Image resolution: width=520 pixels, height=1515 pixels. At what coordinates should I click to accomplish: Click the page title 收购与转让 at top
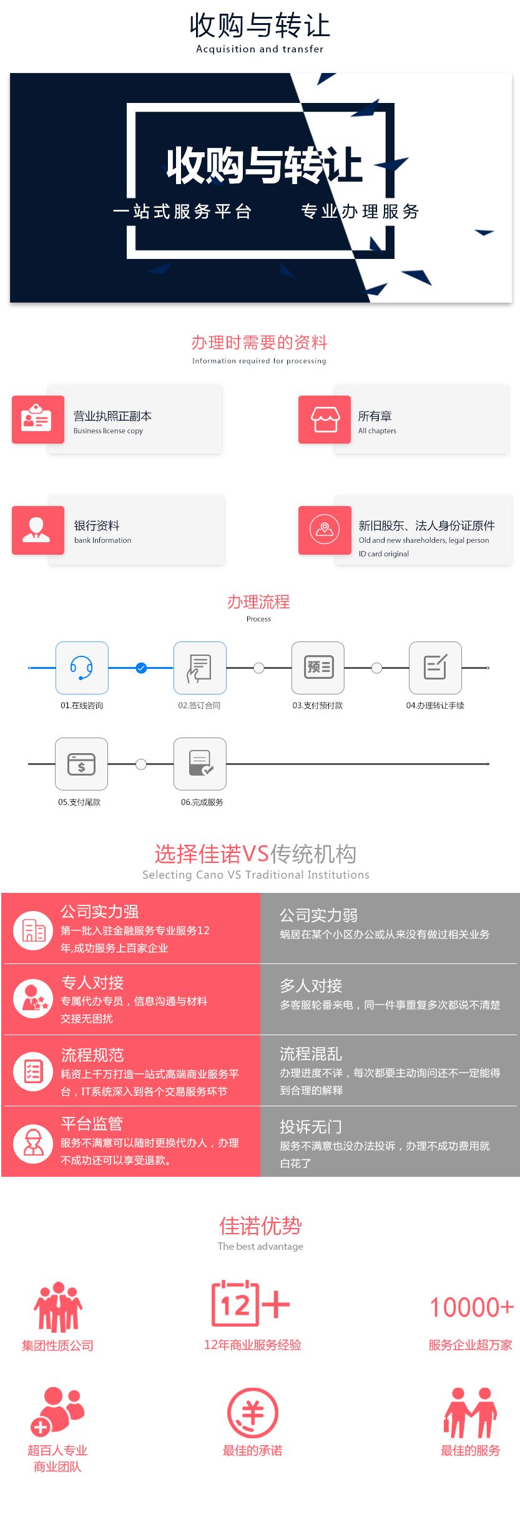coord(260,26)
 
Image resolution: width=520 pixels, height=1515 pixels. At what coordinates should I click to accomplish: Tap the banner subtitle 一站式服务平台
coord(182,212)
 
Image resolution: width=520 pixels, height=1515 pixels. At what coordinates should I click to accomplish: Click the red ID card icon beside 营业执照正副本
coord(37,419)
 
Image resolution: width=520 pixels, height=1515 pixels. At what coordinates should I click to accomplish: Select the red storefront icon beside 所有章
coord(325,419)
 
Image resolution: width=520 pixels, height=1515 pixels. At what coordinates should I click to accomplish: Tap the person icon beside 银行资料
coord(37,530)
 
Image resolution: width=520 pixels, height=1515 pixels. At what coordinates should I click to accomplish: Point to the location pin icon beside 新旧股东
coord(325,530)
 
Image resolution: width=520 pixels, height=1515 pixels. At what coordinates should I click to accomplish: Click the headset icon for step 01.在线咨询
coord(82,668)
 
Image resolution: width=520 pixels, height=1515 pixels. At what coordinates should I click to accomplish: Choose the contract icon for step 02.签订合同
coord(200,668)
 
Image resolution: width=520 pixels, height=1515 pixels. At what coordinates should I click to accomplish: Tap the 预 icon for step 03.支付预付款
coord(318,668)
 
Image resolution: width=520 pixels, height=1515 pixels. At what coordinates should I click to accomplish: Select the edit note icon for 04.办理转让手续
coord(435,668)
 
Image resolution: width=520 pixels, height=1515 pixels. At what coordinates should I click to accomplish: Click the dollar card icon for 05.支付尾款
coord(81,764)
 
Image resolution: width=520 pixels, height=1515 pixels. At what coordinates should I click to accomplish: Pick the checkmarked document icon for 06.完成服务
coord(200,764)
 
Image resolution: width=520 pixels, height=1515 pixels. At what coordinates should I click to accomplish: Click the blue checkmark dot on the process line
coord(141,668)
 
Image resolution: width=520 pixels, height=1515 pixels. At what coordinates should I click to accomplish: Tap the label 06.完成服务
coord(202,802)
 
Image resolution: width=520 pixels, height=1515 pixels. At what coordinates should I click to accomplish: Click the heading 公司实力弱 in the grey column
coord(318,915)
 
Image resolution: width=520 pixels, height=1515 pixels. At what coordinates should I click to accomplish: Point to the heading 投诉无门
coord(311,1127)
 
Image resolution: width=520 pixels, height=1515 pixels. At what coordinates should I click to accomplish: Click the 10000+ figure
coord(471,1307)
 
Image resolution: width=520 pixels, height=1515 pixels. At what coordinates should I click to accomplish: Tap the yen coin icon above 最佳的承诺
coord(253,1413)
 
